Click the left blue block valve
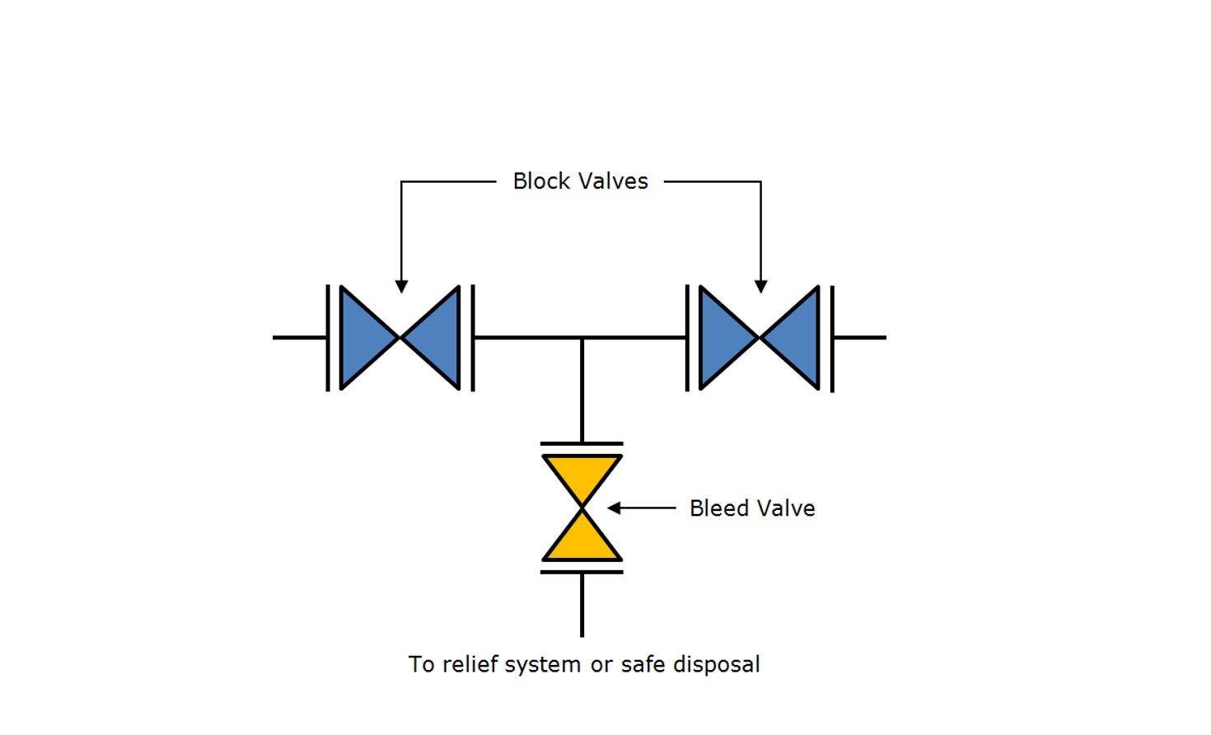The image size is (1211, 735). pos(400,338)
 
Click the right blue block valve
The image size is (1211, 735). pos(760,338)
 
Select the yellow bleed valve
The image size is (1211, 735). pos(582,508)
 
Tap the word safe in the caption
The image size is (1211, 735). pos(643,664)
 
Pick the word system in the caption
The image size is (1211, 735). pos(543,664)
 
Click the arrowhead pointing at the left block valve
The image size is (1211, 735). pos(401,287)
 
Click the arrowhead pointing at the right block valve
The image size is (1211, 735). pos(760,287)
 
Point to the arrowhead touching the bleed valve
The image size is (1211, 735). pos(614,508)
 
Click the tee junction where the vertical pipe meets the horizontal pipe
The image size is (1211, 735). pos(582,338)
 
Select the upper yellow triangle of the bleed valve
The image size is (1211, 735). pos(582,474)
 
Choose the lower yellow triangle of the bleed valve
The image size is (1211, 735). pos(582,542)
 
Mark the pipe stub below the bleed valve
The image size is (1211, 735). pos(582,606)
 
